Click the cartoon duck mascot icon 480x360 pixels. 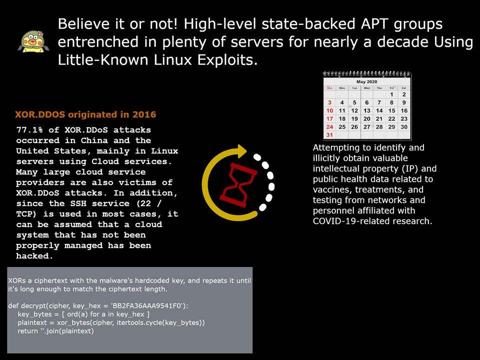(x=33, y=41)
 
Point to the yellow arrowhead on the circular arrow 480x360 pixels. (x=241, y=150)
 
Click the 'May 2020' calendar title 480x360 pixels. (x=366, y=81)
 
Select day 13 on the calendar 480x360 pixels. (x=366, y=110)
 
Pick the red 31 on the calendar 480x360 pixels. (x=329, y=134)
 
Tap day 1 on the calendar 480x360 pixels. (x=391, y=94)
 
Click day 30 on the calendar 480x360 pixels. (x=404, y=126)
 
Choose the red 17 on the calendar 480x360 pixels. (x=329, y=119)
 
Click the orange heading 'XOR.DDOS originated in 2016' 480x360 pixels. (x=85, y=114)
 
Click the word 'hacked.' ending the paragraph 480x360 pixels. (x=34, y=256)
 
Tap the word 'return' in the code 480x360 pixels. (x=27, y=331)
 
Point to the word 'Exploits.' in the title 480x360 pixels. (x=227, y=60)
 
